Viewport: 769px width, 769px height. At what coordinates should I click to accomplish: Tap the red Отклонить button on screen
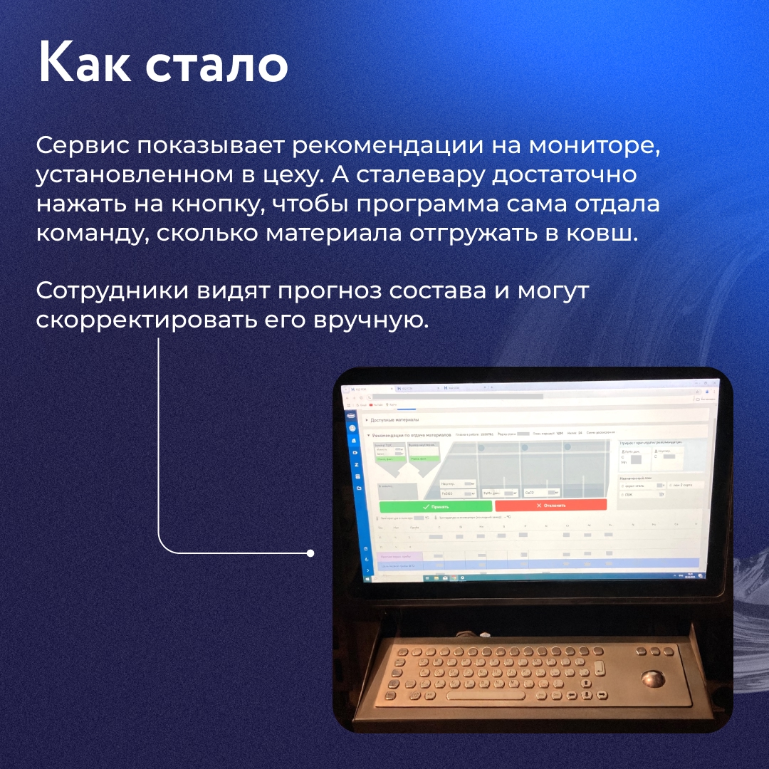click(550, 505)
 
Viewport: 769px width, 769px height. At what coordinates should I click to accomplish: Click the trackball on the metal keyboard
click(654, 679)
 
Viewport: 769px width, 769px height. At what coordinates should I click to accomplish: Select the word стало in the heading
click(216, 65)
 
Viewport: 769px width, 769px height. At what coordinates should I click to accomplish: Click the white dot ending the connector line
click(310, 553)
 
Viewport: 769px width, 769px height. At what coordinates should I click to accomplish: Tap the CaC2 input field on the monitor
click(541, 492)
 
